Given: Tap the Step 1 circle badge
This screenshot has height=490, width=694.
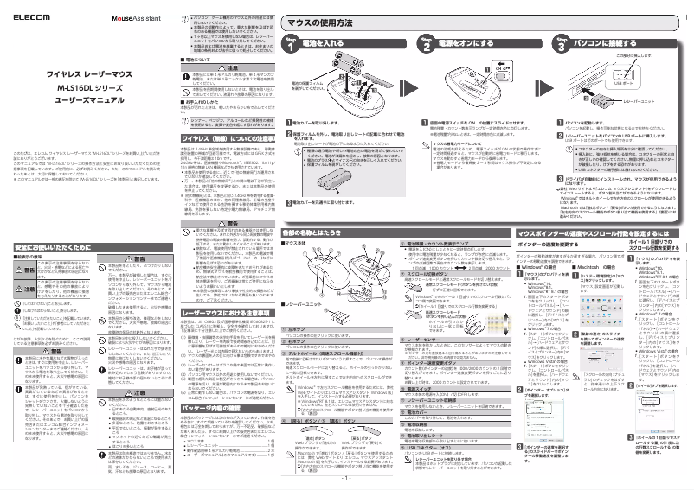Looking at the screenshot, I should pos(292,44).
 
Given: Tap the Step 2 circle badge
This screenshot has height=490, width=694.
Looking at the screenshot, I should pos(425,44).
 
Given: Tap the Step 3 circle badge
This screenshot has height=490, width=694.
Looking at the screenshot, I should pos(562,44).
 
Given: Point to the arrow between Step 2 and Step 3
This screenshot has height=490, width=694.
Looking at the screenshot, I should pos(544,44).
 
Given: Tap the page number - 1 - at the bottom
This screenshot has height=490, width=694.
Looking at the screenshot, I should pos(346,477).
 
